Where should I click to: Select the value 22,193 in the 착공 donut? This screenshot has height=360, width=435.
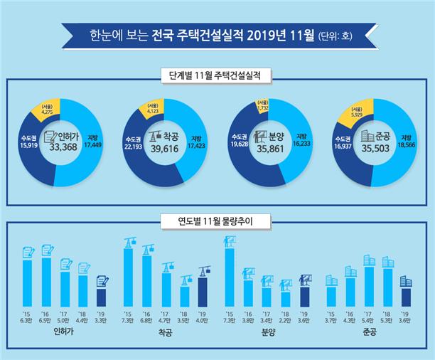(x=133, y=145)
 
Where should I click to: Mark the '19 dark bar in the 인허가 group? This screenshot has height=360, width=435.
(x=101, y=297)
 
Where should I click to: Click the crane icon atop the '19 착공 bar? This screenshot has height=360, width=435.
(x=203, y=270)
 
